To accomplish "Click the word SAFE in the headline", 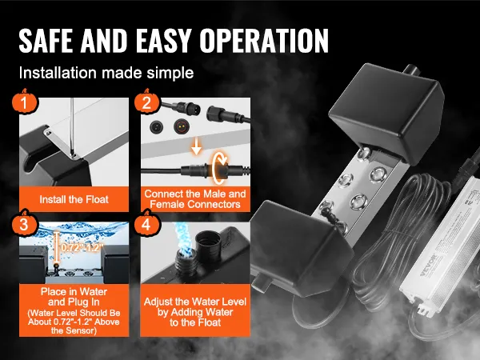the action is tap(46, 41).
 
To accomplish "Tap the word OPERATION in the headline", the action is tap(265, 41).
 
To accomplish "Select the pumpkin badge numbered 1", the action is tap(25, 102).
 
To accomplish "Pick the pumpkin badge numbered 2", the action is tap(146, 102).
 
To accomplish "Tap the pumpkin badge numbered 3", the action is tap(25, 223).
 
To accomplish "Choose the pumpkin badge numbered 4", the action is tap(146, 223).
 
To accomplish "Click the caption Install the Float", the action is tap(74, 199).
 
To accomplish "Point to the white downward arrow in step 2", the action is tap(196, 146).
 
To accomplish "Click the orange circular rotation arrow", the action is tap(219, 168).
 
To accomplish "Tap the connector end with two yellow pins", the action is tap(182, 126).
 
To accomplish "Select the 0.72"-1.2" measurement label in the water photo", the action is tap(82, 247).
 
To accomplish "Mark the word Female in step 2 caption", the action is tap(167, 204).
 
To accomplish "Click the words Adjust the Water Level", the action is tap(195, 302).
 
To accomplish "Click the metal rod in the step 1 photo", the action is tap(72, 128).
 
